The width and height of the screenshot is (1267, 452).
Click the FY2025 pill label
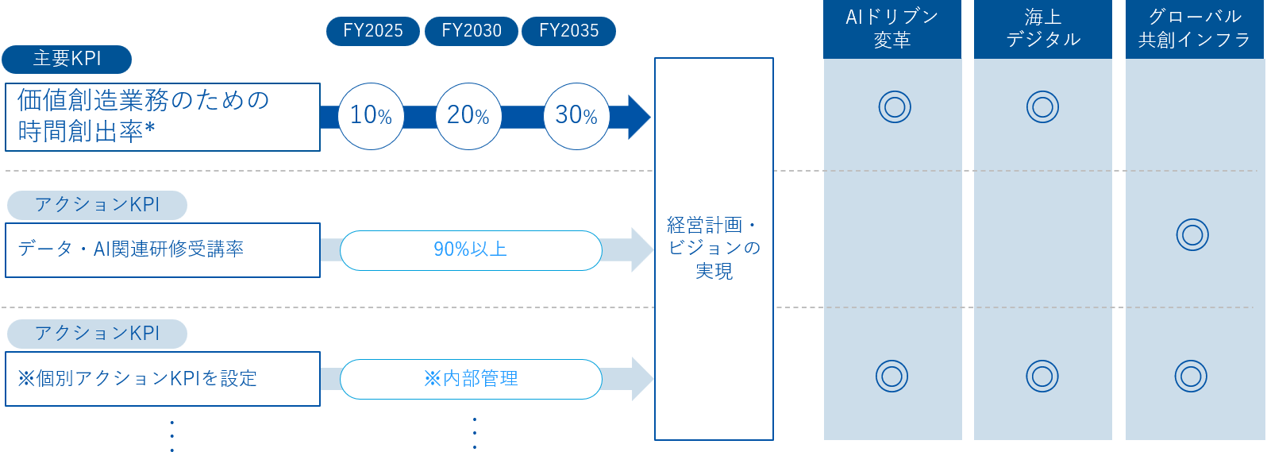tap(372, 31)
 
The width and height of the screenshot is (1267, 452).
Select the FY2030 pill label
tap(472, 31)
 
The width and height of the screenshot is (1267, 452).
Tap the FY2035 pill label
tap(568, 31)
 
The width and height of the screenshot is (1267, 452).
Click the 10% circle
tap(371, 116)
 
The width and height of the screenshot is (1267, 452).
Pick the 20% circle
tap(468, 116)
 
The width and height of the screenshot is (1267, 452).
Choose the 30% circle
tap(576, 116)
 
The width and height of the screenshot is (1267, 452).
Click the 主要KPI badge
tap(67, 59)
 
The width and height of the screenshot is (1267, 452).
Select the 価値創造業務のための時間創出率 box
tap(162, 117)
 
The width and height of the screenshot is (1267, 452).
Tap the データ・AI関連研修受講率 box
tap(162, 249)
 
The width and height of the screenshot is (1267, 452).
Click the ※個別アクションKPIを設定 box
tap(162, 378)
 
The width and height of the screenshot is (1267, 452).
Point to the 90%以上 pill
tap(471, 249)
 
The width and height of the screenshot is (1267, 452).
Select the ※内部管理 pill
tap(471, 378)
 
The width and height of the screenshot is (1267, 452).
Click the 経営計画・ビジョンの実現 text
tap(713, 248)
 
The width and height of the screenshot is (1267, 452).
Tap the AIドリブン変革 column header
tap(892, 29)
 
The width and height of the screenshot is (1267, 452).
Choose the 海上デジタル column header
tap(1042, 29)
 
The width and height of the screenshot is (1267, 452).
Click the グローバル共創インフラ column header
tap(1194, 29)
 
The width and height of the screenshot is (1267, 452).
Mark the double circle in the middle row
tap(1192, 234)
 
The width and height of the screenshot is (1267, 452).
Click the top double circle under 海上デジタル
tap(1042, 106)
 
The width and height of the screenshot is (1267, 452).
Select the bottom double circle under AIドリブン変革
tap(892, 376)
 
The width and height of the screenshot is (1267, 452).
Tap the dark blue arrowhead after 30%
tap(637, 117)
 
